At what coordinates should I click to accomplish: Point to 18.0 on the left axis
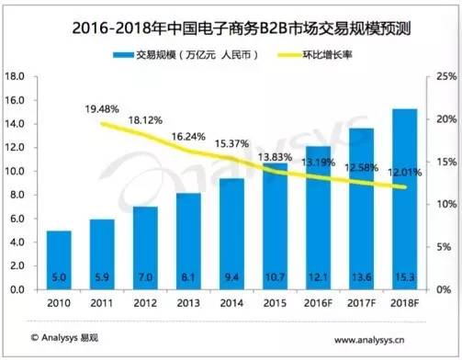(15, 76)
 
